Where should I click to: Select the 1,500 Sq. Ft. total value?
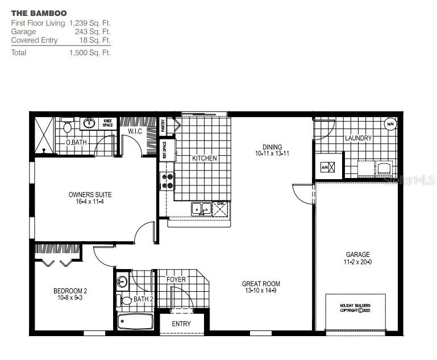(x=90, y=52)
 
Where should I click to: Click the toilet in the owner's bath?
(x=68, y=126)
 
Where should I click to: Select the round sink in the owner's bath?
(x=90, y=122)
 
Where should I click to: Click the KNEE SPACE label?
(x=107, y=123)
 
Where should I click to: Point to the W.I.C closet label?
(x=135, y=132)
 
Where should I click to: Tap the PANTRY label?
(x=163, y=125)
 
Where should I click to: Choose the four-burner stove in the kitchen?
(x=168, y=181)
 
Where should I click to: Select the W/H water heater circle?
(x=390, y=124)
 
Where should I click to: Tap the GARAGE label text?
(x=357, y=255)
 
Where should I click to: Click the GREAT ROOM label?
(x=261, y=284)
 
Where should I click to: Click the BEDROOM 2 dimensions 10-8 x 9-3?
(x=70, y=297)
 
